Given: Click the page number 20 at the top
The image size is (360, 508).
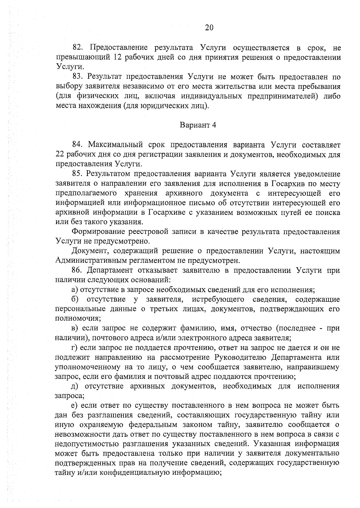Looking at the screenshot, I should (209, 28).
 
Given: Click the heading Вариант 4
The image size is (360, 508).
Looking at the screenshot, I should (198, 125).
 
